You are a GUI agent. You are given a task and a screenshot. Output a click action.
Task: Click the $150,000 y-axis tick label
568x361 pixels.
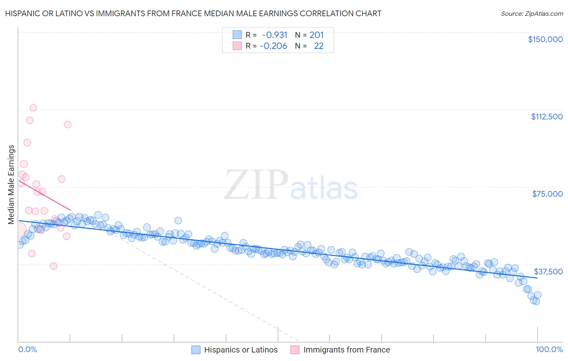point(545,39)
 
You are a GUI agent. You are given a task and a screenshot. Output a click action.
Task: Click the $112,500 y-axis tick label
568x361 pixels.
point(547,117)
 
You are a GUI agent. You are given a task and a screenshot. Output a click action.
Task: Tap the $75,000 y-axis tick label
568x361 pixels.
point(547,194)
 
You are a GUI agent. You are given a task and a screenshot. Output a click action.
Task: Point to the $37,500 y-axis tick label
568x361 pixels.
point(548,272)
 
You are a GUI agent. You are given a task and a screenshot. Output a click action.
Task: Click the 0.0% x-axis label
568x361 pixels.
point(27,350)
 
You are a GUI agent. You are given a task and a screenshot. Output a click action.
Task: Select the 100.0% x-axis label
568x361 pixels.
point(549,350)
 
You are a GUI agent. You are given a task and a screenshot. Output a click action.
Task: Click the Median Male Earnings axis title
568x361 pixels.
point(11,185)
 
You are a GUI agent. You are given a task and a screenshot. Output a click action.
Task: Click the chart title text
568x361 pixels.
point(193,14)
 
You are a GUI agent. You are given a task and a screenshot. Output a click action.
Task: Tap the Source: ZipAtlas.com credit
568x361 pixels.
point(532,14)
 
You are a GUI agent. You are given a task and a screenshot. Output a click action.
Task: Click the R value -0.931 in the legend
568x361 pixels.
point(275,35)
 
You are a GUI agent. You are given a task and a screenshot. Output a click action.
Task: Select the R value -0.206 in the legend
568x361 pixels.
point(273,46)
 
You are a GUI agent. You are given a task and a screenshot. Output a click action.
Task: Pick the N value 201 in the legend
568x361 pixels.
point(317,35)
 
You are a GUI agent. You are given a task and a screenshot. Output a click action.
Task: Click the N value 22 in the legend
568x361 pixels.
point(319,46)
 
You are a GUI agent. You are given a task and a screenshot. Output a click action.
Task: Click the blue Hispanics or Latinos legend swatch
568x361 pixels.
point(196,350)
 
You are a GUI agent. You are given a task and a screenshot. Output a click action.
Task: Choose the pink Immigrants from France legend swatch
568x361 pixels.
point(295,350)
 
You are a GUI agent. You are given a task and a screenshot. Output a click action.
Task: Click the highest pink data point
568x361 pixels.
point(33,108)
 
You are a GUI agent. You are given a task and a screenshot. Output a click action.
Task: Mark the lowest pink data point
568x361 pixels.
point(53,266)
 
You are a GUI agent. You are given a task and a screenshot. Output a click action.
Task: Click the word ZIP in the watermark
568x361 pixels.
point(256,185)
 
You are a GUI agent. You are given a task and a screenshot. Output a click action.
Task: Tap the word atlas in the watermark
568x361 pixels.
point(324,189)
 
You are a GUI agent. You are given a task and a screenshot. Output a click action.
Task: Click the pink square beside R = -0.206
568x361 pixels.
point(237,46)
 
